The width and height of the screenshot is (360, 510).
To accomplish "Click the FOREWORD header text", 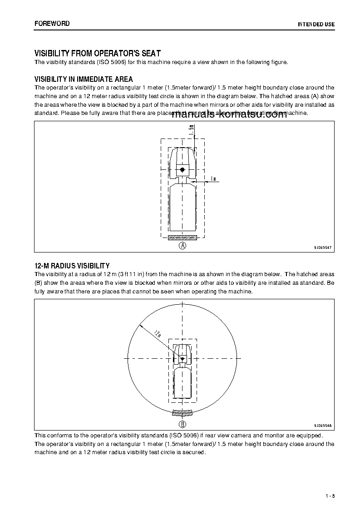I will click(52, 24).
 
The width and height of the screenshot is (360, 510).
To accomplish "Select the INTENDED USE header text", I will click(316, 24).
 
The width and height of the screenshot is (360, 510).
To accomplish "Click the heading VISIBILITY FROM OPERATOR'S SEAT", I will click(98, 54).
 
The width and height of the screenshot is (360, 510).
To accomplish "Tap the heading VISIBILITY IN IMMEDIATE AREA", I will click(84, 79).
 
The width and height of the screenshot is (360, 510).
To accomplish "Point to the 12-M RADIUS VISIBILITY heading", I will click(72, 266).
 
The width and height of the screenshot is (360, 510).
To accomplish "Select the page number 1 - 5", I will click(330, 495).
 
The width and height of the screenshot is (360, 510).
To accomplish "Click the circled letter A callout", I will click(182, 246).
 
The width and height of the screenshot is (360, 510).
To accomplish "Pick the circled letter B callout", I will click(182, 425).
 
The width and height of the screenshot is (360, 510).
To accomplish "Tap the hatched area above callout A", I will click(182, 238).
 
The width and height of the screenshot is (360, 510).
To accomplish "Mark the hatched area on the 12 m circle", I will click(182, 413).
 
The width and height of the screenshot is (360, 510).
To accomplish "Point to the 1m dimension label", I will click(213, 179).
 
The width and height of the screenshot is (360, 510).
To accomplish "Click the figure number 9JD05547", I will click(323, 248).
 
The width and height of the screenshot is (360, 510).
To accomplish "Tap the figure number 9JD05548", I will click(323, 426).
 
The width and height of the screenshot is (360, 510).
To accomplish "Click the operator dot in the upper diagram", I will click(182, 169).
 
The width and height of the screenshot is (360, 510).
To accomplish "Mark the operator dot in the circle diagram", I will click(182, 359).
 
